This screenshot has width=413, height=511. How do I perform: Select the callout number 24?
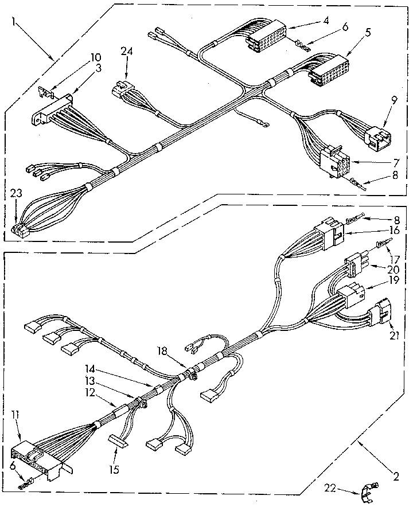(x=127, y=50)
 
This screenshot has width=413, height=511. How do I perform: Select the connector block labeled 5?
(x=329, y=68)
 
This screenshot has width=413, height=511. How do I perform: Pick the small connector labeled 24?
(x=123, y=89)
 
